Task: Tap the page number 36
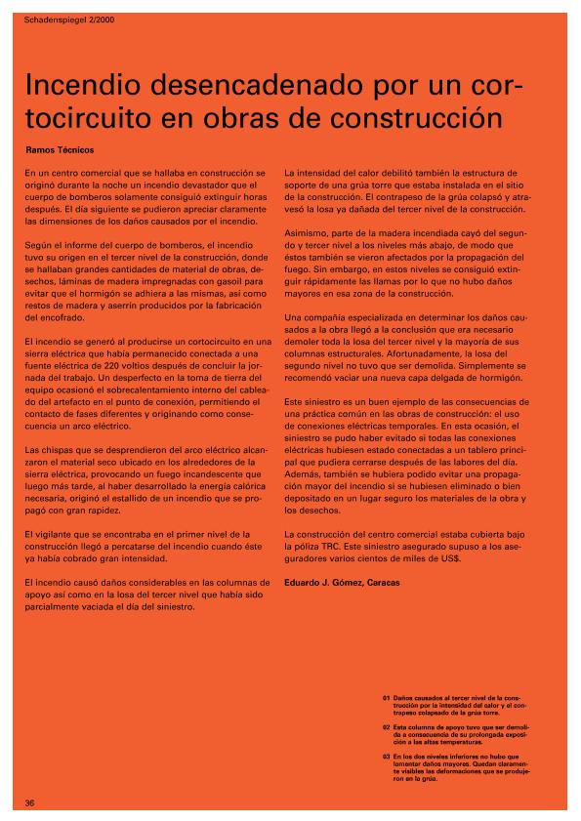click(30, 802)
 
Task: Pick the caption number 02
click(387, 727)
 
